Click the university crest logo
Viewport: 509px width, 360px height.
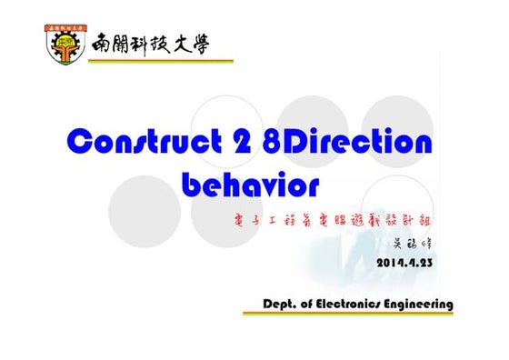click(65, 44)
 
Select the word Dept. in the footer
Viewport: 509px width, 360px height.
click(284, 304)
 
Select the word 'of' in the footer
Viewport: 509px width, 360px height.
click(314, 304)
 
